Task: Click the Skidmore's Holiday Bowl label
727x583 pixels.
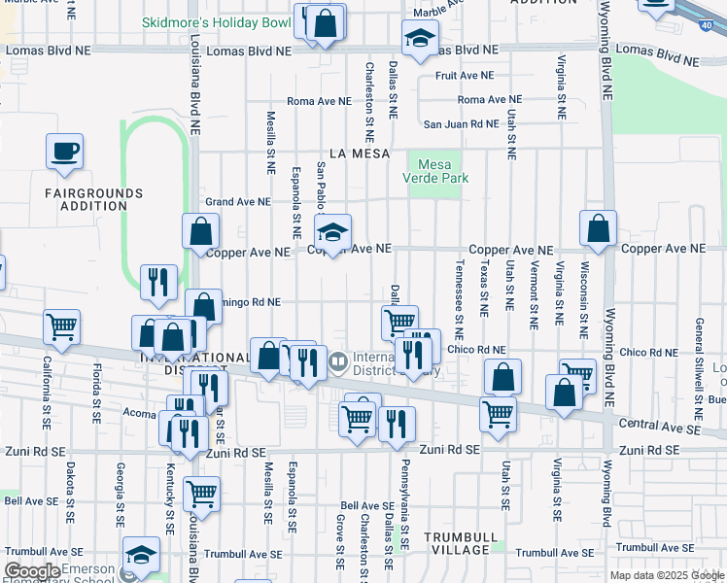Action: [215, 21]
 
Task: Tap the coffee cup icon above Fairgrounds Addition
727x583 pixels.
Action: [64, 153]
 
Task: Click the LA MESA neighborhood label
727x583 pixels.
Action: [359, 154]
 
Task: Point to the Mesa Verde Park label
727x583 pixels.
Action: [435, 171]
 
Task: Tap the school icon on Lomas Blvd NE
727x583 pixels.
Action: [418, 40]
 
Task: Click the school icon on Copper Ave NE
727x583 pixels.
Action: [332, 233]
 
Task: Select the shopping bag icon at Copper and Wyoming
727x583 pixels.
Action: [599, 229]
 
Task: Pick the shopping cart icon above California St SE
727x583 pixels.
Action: [62, 328]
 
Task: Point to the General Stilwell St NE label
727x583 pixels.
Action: [698, 356]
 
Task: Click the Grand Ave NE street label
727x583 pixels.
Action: [236, 202]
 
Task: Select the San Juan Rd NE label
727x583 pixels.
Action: [460, 124]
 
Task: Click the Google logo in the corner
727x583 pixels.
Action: [33, 571]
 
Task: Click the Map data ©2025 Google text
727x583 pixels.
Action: [667, 575]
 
